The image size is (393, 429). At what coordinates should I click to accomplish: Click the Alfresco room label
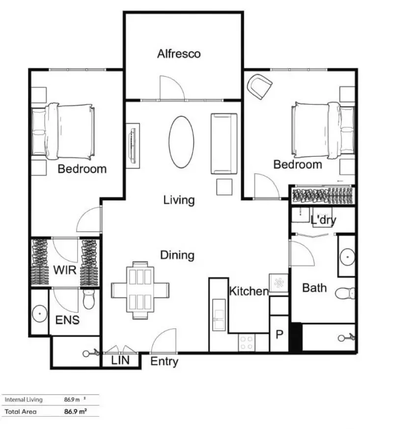(x=179, y=54)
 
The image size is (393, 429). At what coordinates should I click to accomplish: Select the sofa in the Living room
(x=225, y=144)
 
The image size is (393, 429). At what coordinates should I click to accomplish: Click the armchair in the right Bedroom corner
(x=260, y=86)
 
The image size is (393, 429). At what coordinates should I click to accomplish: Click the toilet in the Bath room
(x=346, y=294)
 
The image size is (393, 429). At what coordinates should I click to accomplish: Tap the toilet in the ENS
(x=89, y=299)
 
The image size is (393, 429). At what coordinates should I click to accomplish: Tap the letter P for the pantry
(x=279, y=335)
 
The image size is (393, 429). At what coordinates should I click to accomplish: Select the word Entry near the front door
(x=164, y=362)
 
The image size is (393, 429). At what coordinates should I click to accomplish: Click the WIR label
(x=64, y=269)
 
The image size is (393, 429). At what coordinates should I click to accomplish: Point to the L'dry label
(x=323, y=220)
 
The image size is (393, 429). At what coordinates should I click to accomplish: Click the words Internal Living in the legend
(x=24, y=400)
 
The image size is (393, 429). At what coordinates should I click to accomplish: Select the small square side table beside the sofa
(x=224, y=187)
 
